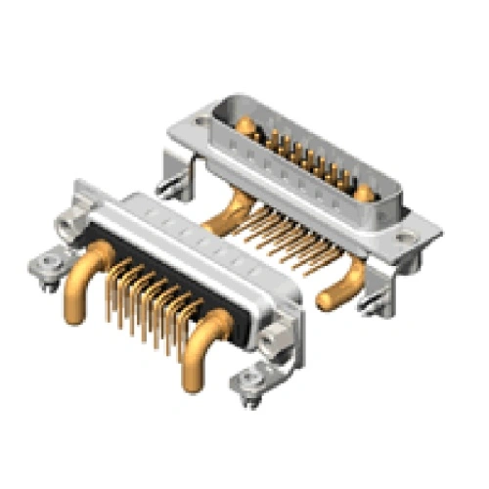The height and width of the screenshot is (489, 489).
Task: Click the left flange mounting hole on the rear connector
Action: click(x=201, y=122)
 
